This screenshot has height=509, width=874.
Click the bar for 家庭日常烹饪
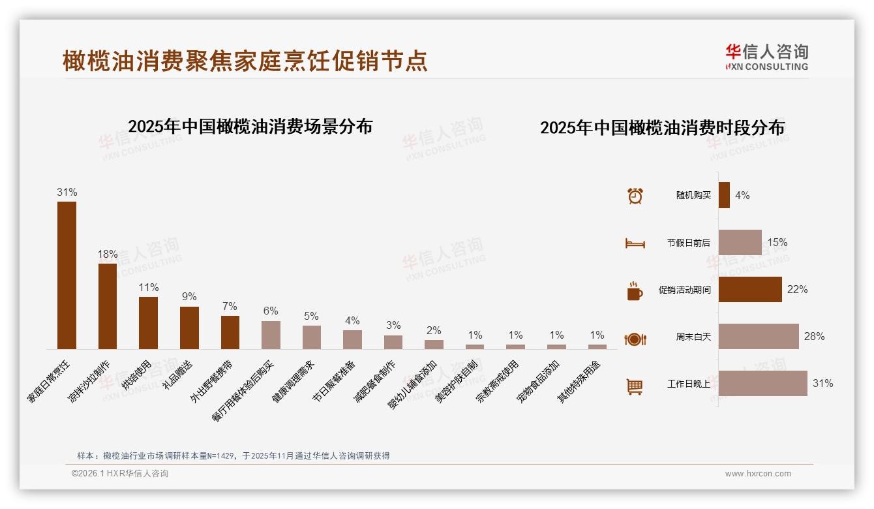67,275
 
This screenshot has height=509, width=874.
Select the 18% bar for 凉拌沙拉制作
108,306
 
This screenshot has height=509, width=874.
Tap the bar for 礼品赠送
189,328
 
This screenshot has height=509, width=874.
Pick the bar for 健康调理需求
312,337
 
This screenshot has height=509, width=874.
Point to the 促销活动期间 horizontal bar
750,289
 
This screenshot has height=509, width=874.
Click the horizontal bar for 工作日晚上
762,384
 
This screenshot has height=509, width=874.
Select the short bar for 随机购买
724,195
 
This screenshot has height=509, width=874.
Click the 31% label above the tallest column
67,192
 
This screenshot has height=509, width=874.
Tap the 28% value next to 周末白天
814,337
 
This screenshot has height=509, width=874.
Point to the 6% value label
271,311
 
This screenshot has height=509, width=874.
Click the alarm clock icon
635,196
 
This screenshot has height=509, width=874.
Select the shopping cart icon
635,387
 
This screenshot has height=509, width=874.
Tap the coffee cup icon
635,291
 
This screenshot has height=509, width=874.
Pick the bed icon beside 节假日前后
635,243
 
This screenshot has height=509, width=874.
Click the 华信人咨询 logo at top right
766,57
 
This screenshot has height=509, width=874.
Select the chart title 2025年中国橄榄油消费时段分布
662,127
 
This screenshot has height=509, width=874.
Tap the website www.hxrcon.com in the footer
758,474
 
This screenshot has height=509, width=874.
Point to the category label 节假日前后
688,243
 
